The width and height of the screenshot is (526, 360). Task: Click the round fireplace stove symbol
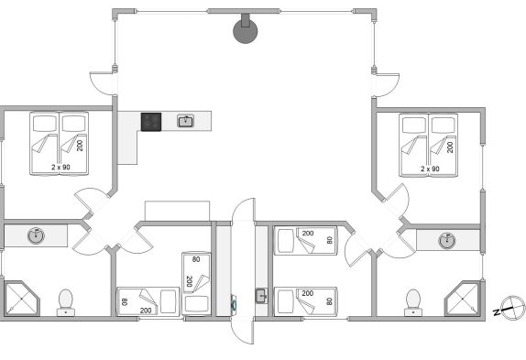(246, 31)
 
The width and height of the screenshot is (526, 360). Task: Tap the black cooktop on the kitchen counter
(151, 122)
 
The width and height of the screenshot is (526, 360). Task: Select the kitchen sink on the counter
(185, 121)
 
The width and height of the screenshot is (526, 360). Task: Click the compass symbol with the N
(512, 308)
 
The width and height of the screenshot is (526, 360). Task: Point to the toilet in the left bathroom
(65, 302)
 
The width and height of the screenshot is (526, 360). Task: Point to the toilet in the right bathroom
(413, 302)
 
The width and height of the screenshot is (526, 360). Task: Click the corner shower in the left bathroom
(22, 298)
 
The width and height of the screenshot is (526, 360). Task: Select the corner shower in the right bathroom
(462, 298)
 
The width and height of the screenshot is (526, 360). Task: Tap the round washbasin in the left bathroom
(36, 235)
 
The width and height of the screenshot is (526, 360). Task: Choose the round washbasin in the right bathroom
(447, 240)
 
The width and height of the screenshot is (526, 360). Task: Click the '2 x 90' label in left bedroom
(60, 167)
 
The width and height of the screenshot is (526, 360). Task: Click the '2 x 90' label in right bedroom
(430, 169)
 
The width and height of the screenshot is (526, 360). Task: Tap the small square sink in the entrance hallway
(261, 296)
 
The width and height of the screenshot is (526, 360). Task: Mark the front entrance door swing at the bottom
(243, 330)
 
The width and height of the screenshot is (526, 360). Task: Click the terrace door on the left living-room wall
(102, 83)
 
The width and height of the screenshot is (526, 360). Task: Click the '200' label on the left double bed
(80, 146)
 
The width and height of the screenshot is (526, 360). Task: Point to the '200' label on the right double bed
(450, 147)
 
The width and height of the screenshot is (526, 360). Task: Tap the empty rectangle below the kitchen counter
(177, 211)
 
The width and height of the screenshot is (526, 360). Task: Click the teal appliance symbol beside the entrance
(233, 304)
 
